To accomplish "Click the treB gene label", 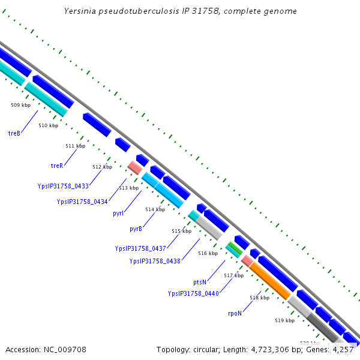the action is coord(14,133).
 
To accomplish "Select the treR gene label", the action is coord(57,165).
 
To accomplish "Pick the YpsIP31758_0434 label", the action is coord(82,202).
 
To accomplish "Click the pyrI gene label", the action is coord(118,213).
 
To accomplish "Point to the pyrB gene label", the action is coord(136,229).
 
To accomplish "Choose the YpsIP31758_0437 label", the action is coord(140,248).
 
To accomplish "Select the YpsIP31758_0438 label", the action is coord(155,261).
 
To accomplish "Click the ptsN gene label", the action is coord(200,281).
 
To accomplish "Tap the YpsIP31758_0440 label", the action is coord(193,293).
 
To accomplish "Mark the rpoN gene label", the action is coord(235,313).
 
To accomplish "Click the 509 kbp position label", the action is coord(20,105).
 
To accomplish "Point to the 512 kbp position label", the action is coord(102,167).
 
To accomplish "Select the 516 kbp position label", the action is coord(208,253).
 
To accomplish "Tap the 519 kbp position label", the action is coord(285,320).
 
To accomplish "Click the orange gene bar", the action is coord(269,280).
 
